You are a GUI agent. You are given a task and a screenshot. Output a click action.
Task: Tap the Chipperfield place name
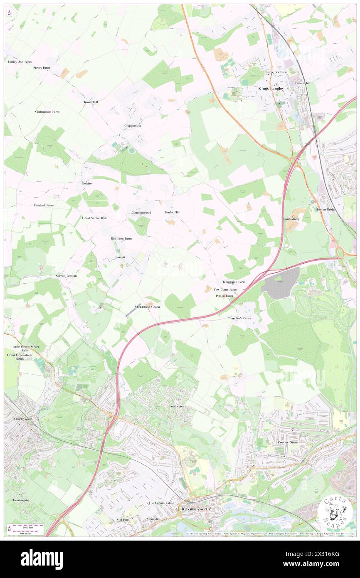[x=133, y=126]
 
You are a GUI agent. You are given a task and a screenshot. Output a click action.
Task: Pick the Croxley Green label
[x=288, y=442]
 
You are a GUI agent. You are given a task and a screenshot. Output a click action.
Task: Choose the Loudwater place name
[x=176, y=406]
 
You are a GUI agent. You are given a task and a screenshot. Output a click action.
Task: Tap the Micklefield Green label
[x=148, y=307]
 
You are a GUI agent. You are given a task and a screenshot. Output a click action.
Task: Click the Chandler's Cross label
[x=239, y=318]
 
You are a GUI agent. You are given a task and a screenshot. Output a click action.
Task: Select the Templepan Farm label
[x=234, y=282]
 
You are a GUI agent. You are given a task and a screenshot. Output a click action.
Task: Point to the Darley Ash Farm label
[x=20, y=62]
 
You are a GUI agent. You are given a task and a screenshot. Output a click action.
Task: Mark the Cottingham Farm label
[x=47, y=112]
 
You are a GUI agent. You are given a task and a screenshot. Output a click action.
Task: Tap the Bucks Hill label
[x=172, y=212]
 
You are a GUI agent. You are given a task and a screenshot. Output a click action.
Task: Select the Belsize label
[x=86, y=183]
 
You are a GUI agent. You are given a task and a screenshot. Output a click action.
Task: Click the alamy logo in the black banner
[x=42, y=559]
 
